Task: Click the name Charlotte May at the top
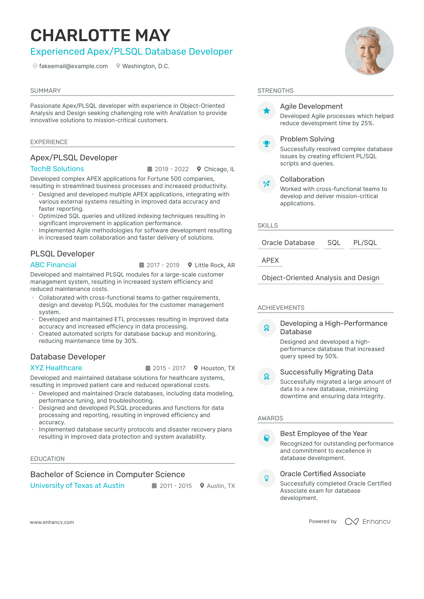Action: [x=100, y=35]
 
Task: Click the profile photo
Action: [x=369, y=51]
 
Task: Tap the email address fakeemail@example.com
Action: [x=73, y=66]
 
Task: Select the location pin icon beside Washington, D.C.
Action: [x=118, y=66]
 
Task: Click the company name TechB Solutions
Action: [x=57, y=169]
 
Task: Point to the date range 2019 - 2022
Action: [x=172, y=169]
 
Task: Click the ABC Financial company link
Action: [x=53, y=265]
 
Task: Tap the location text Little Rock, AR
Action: [x=215, y=265]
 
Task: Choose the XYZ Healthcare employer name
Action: [x=56, y=368]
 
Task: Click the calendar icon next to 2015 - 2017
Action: [x=148, y=368]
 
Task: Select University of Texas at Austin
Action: [x=77, y=486]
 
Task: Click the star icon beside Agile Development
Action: [x=266, y=111]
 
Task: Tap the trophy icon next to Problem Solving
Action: [x=266, y=144]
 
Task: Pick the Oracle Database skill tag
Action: [x=288, y=243]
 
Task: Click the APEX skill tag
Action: [x=270, y=260]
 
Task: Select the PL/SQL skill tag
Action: [x=365, y=243]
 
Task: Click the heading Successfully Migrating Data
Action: [x=327, y=372]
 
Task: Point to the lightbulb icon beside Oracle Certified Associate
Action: [x=266, y=478]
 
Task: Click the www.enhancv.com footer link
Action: [x=52, y=522]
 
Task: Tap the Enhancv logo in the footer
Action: [x=368, y=522]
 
